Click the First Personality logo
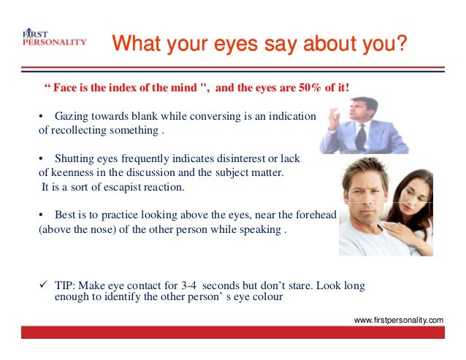(x=53, y=38)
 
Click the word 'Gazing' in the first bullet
(x=72, y=118)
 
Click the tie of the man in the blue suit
(x=359, y=138)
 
